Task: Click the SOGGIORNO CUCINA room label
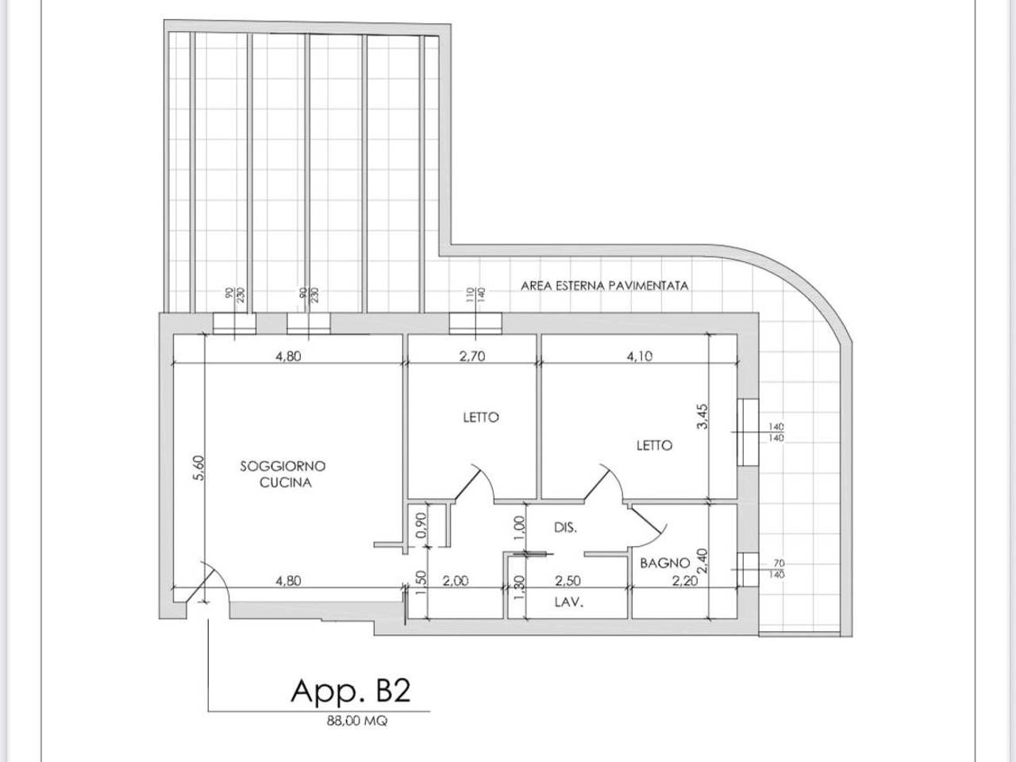click(283, 474)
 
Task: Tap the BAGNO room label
click(664, 563)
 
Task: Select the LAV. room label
click(569, 602)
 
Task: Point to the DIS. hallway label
click(565, 527)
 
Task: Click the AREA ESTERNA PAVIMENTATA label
click(605, 286)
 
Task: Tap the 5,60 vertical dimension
click(198, 468)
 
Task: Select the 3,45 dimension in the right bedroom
click(702, 417)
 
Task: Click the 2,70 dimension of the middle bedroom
click(472, 356)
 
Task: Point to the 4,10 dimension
click(640, 356)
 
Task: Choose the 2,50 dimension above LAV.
click(568, 581)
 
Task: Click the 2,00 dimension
click(456, 581)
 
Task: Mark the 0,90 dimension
click(421, 525)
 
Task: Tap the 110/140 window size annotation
click(475, 294)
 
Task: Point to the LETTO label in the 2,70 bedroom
click(481, 418)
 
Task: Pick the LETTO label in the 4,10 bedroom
click(654, 445)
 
